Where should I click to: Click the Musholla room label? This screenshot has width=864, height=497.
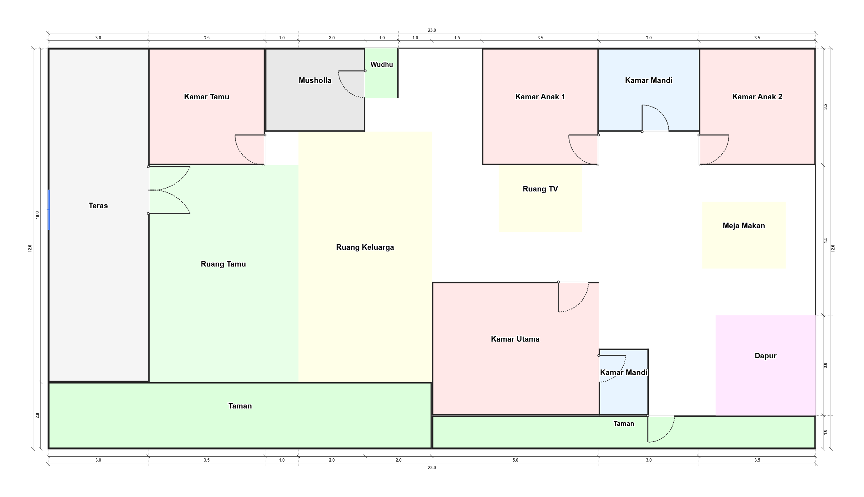(315, 80)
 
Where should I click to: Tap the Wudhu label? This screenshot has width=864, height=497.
(381, 65)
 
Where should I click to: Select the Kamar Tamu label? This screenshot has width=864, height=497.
(206, 97)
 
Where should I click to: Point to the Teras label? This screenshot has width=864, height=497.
(98, 206)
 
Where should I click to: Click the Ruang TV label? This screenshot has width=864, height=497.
(540, 189)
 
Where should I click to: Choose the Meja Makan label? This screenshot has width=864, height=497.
(744, 226)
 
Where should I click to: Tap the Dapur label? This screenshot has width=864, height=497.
(765, 356)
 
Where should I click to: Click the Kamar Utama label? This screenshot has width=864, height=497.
(515, 339)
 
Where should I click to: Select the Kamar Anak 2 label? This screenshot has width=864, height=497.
(757, 97)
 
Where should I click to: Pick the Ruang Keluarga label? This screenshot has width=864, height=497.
(365, 247)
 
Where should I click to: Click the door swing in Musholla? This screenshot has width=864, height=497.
(352, 84)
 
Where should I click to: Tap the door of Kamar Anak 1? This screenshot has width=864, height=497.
(584, 150)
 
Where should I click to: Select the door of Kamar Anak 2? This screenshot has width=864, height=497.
(714, 150)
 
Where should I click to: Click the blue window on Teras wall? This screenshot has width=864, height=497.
(49, 209)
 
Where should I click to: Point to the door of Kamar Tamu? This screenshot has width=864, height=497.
(250, 150)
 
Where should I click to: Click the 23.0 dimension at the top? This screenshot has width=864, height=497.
(432, 30)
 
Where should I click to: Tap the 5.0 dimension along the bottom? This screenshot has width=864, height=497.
(515, 460)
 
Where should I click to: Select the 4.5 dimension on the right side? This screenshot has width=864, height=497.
(825, 240)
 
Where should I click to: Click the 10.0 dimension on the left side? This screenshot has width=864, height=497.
(38, 215)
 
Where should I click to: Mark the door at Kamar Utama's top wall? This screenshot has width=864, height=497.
(573, 297)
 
